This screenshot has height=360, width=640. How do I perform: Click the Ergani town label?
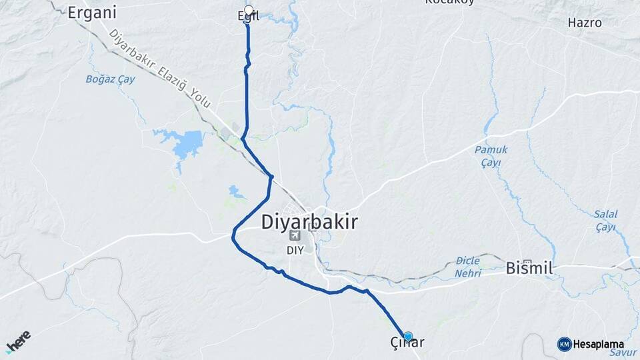click(x=93, y=12)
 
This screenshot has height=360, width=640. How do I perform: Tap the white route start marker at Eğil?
click(x=249, y=10)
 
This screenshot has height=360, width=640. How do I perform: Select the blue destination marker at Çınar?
click(x=408, y=337)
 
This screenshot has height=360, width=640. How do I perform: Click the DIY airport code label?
click(x=295, y=250)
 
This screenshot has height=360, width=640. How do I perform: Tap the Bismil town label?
click(x=530, y=269)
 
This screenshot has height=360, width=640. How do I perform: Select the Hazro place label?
click(x=585, y=23)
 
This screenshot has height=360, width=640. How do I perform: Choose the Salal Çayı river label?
click(x=605, y=221)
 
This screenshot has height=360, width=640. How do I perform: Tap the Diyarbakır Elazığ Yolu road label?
click(x=160, y=69)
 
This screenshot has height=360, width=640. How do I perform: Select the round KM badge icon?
click(x=564, y=344)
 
